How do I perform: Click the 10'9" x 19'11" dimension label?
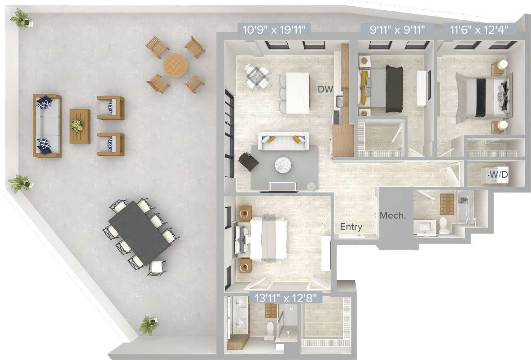click(274, 31)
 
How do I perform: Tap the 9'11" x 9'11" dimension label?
click(397, 31)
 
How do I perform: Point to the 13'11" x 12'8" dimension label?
click(286, 297)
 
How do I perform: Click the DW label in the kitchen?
click(325, 89)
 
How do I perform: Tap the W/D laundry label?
click(498, 174)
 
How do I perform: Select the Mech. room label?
click(393, 215)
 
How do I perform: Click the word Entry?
click(351, 227)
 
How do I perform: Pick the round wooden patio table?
click(175, 66)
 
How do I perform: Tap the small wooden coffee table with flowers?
click(79, 126)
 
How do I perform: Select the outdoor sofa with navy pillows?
click(47, 125)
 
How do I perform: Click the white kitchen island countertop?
click(294, 93)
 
